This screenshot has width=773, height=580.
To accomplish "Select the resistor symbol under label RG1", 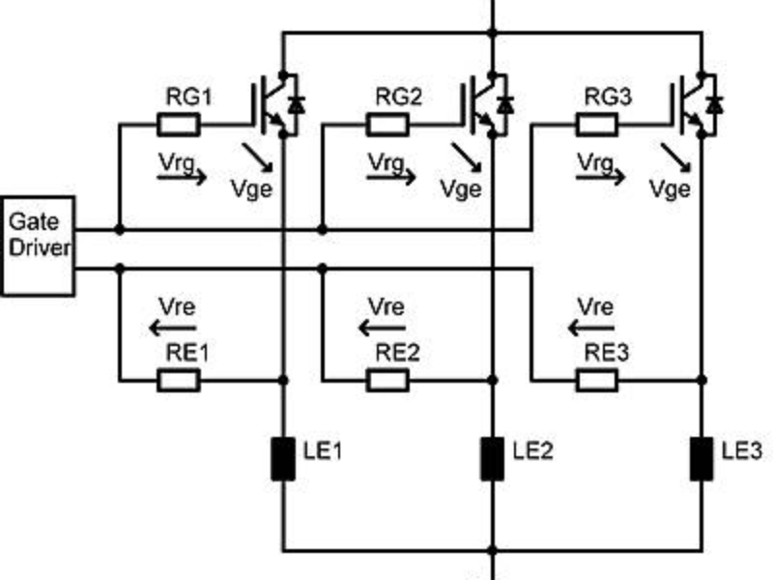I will tap(178, 125).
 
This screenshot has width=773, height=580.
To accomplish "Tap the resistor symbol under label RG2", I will tap(387, 125).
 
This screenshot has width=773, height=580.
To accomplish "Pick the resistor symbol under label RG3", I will tap(597, 125).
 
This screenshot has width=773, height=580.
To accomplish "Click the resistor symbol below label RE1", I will tap(178, 381).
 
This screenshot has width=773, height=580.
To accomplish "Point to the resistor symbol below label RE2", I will tap(387, 381).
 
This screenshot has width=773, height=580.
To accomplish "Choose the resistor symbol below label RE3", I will tap(597, 381).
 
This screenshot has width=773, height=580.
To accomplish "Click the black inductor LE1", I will tap(282, 458).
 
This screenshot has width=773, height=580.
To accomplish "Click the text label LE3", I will tap(741, 449).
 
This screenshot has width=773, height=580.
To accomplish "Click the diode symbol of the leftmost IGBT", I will tap(295, 101).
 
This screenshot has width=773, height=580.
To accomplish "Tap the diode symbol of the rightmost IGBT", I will tap(715, 101).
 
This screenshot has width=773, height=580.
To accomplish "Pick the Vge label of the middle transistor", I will tap(461, 188).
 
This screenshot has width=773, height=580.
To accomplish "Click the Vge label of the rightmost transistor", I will tap(671, 188).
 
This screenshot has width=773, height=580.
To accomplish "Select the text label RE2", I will tap(397, 354).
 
